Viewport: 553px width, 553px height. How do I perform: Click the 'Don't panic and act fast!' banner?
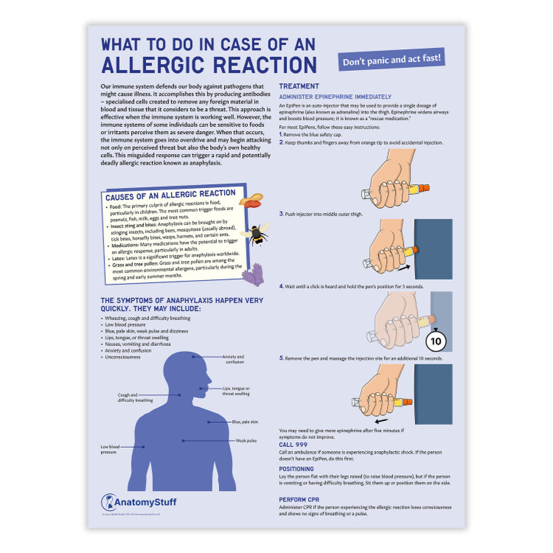[393, 59]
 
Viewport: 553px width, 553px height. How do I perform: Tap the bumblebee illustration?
[255, 233]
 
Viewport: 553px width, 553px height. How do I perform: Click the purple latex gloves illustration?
[253, 275]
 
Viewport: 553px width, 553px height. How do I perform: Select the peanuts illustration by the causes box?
[251, 200]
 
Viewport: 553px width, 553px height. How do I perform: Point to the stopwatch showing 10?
[436, 341]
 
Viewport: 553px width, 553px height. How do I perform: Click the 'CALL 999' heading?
[293, 444]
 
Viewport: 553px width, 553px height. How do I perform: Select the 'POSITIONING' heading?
[296, 469]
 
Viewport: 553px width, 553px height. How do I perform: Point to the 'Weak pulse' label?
[246, 441]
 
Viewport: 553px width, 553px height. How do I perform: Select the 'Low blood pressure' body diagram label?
[110, 449]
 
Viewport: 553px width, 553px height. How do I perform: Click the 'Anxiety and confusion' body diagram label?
[232, 359]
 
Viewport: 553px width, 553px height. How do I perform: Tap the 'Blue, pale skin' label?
[244, 422]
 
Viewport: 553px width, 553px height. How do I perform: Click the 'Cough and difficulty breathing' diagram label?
[135, 397]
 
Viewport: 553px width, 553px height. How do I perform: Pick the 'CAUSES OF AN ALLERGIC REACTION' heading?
[171, 195]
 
